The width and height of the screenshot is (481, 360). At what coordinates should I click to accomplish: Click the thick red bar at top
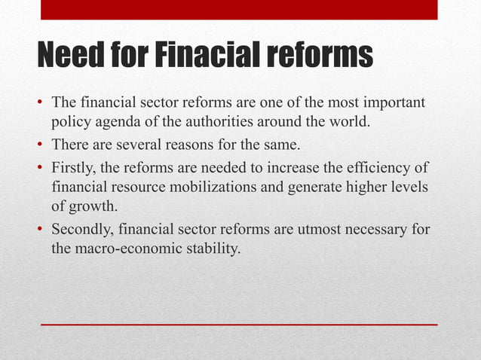[239, 9]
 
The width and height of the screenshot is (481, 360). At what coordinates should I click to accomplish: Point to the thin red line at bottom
[239, 325]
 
